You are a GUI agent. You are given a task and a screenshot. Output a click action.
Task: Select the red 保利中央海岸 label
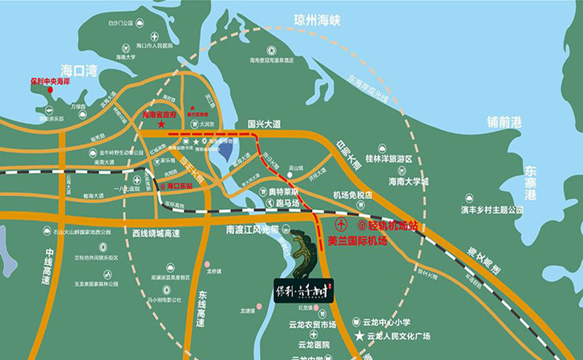[x=48, y=82]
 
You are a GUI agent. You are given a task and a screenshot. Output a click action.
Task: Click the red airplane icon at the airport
[x=343, y=223]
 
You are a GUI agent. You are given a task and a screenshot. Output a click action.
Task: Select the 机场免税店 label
[x=353, y=195]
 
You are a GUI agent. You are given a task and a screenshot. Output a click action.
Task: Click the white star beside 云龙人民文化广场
[x=359, y=336]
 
